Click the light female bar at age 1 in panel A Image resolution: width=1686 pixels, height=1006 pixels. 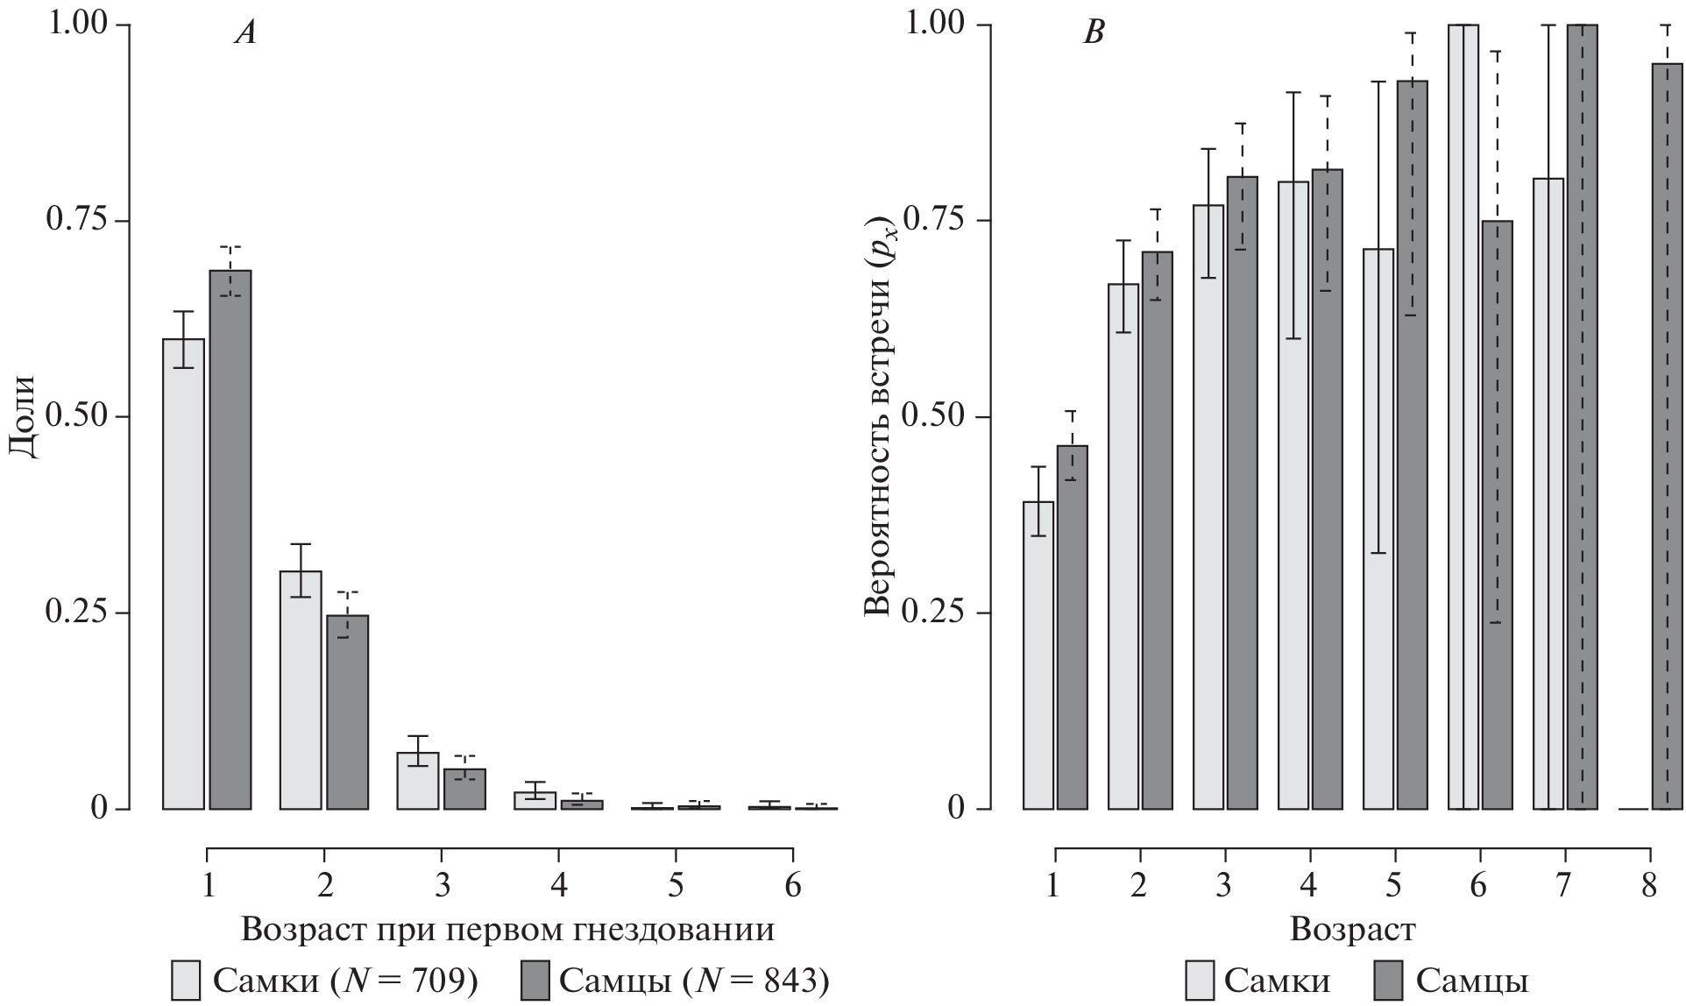click(183, 574)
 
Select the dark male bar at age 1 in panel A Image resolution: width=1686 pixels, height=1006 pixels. click(230, 540)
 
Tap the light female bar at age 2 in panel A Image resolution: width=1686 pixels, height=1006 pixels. click(301, 690)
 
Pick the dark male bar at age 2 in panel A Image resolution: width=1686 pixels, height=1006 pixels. click(347, 712)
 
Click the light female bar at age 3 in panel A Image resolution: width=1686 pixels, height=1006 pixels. click(418, 780)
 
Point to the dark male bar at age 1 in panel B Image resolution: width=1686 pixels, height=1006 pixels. click(1072, 627)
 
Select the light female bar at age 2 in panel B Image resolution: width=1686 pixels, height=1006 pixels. click(1123, 546)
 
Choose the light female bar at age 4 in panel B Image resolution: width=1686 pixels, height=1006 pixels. click(1293, 495)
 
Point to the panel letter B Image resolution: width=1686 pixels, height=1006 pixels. click(1094, 34)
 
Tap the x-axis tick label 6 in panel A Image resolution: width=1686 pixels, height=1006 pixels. click(792, 887)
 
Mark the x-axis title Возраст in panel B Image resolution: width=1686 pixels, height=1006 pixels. click(1352, 929)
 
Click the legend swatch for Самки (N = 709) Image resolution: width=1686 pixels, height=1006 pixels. click(187, 979)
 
